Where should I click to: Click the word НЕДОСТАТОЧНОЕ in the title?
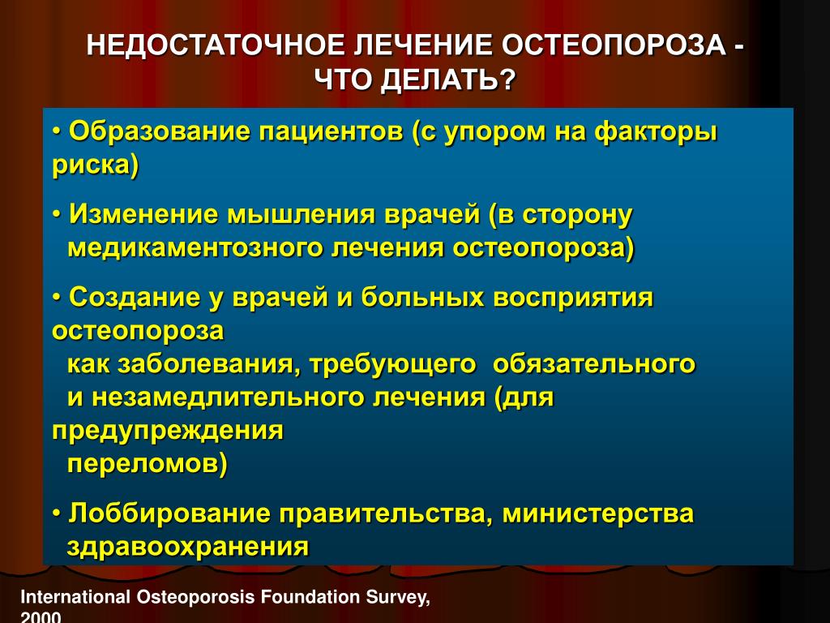[216, 45]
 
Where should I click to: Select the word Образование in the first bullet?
[160, 131]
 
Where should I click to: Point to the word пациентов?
[331, 132]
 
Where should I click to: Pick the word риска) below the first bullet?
[96, 165]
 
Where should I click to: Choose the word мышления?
[301, 215]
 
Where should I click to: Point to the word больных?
[422, 297]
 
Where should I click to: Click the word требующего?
[392, 364]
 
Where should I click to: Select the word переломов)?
[148, 464]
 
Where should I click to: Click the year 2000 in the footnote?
[41, 617]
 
